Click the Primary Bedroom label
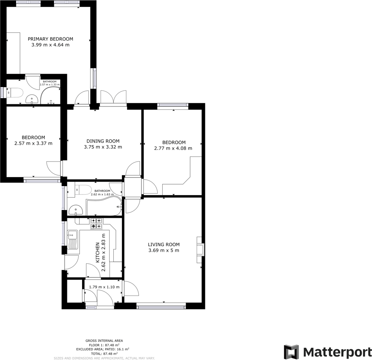pyautogui.click(x=50, y=39)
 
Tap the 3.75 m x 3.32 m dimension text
pyautogui.click(x=103, y=147)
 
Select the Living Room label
pyautogui.click(x=163, y=245)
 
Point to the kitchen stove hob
pyautogui.click(x=96, y=223)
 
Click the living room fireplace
pyautogui.click(x=200, y=249)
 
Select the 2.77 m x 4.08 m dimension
pyautogui.click(x=173, y=148)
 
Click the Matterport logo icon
pyautogui.click(x=292, y=352)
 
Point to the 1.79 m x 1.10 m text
pyautogui.click(x=104, y=287)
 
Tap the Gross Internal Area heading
pyautogui.click(x=104, y=341)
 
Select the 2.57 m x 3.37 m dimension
pyautogui.click(x=33, y=143)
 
